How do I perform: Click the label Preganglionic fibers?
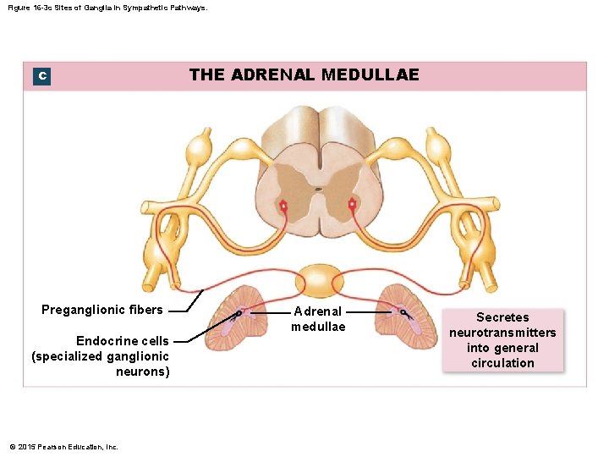coord(102,310)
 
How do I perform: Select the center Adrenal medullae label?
coord(318,319)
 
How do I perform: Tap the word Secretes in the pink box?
coord(502,317)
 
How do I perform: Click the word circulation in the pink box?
coord(502,363)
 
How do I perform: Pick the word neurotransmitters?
coord(502,333)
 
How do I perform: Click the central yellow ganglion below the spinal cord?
coord(319,280)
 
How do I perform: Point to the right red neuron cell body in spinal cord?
coord(353,204)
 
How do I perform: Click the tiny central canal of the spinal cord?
coord(318,190)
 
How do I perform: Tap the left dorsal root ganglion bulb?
coord(200,147)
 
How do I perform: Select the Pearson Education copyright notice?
coord(63,447)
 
